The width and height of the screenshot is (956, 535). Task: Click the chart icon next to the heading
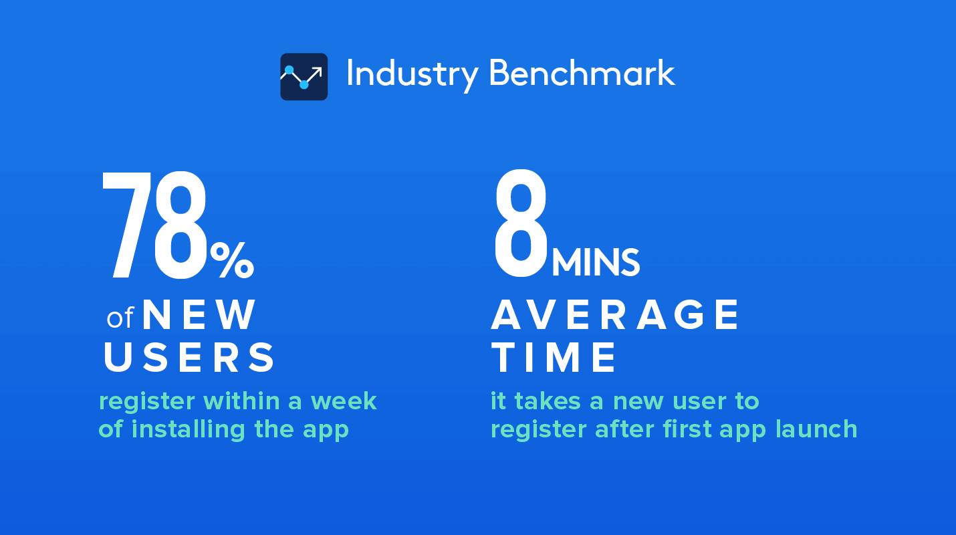tap(304, 77)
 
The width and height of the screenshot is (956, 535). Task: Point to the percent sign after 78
tap(232, 260)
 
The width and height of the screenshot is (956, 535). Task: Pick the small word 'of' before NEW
tap(120, 318)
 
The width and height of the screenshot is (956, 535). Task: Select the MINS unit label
tap(596, 263)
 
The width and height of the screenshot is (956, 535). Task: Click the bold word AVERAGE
tap(615, 315)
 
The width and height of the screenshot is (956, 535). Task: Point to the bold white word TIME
tap(554, 358)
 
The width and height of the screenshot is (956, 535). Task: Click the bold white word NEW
tap(199, 315)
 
